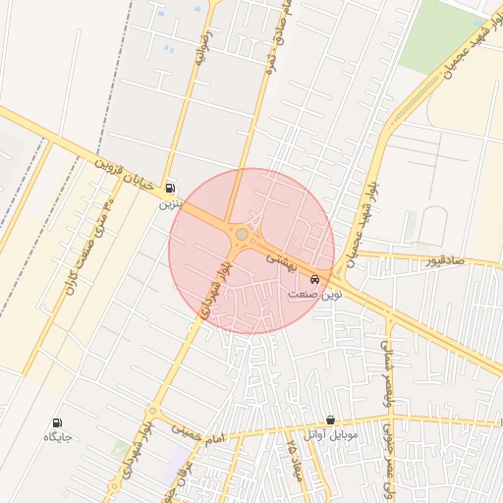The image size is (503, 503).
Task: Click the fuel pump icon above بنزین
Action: coord(171,188)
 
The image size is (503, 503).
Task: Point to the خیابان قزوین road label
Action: coord(130,175)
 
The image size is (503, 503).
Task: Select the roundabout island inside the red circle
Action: coord(242,234)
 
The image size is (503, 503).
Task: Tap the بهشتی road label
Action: coord(284,258)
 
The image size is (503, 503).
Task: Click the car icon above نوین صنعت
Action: coord(314,279)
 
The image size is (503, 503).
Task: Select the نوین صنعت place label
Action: coord(313,294)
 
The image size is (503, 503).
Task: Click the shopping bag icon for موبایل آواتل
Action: coord(330,419)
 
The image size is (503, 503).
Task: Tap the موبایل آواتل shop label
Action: coord(331,433)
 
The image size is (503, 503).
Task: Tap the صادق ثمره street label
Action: coord(280,29)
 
